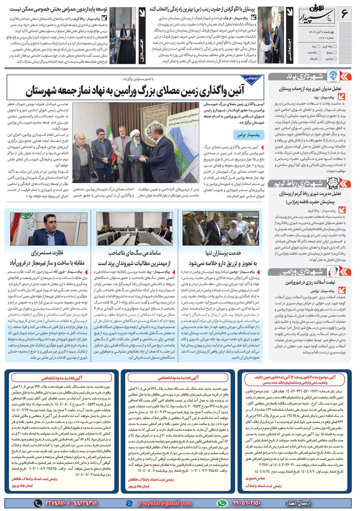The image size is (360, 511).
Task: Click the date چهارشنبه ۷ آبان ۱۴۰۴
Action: (322, 32)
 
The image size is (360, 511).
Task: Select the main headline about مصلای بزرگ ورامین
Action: (135, 91)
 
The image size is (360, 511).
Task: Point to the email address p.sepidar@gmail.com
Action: (165, 503)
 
